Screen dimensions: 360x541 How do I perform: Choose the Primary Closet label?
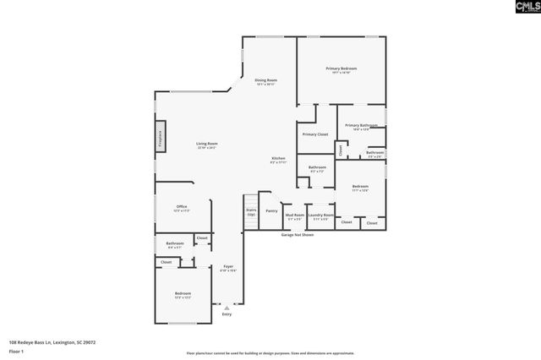coord(315,134)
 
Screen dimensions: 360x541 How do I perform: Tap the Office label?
coord(182,207)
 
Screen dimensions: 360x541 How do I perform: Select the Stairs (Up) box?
coord(251,213)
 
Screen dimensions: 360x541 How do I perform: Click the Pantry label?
coord(271,211)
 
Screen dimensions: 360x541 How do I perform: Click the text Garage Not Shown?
coord(298,234)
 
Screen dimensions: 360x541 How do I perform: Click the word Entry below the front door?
coord(227,314)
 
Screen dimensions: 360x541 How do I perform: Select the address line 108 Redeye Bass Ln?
coord(52,342)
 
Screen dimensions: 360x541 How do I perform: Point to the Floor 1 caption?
coord(16,351)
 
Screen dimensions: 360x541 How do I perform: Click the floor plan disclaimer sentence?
coord(270,352)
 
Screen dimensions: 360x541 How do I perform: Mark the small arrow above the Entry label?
coord(227,308)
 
